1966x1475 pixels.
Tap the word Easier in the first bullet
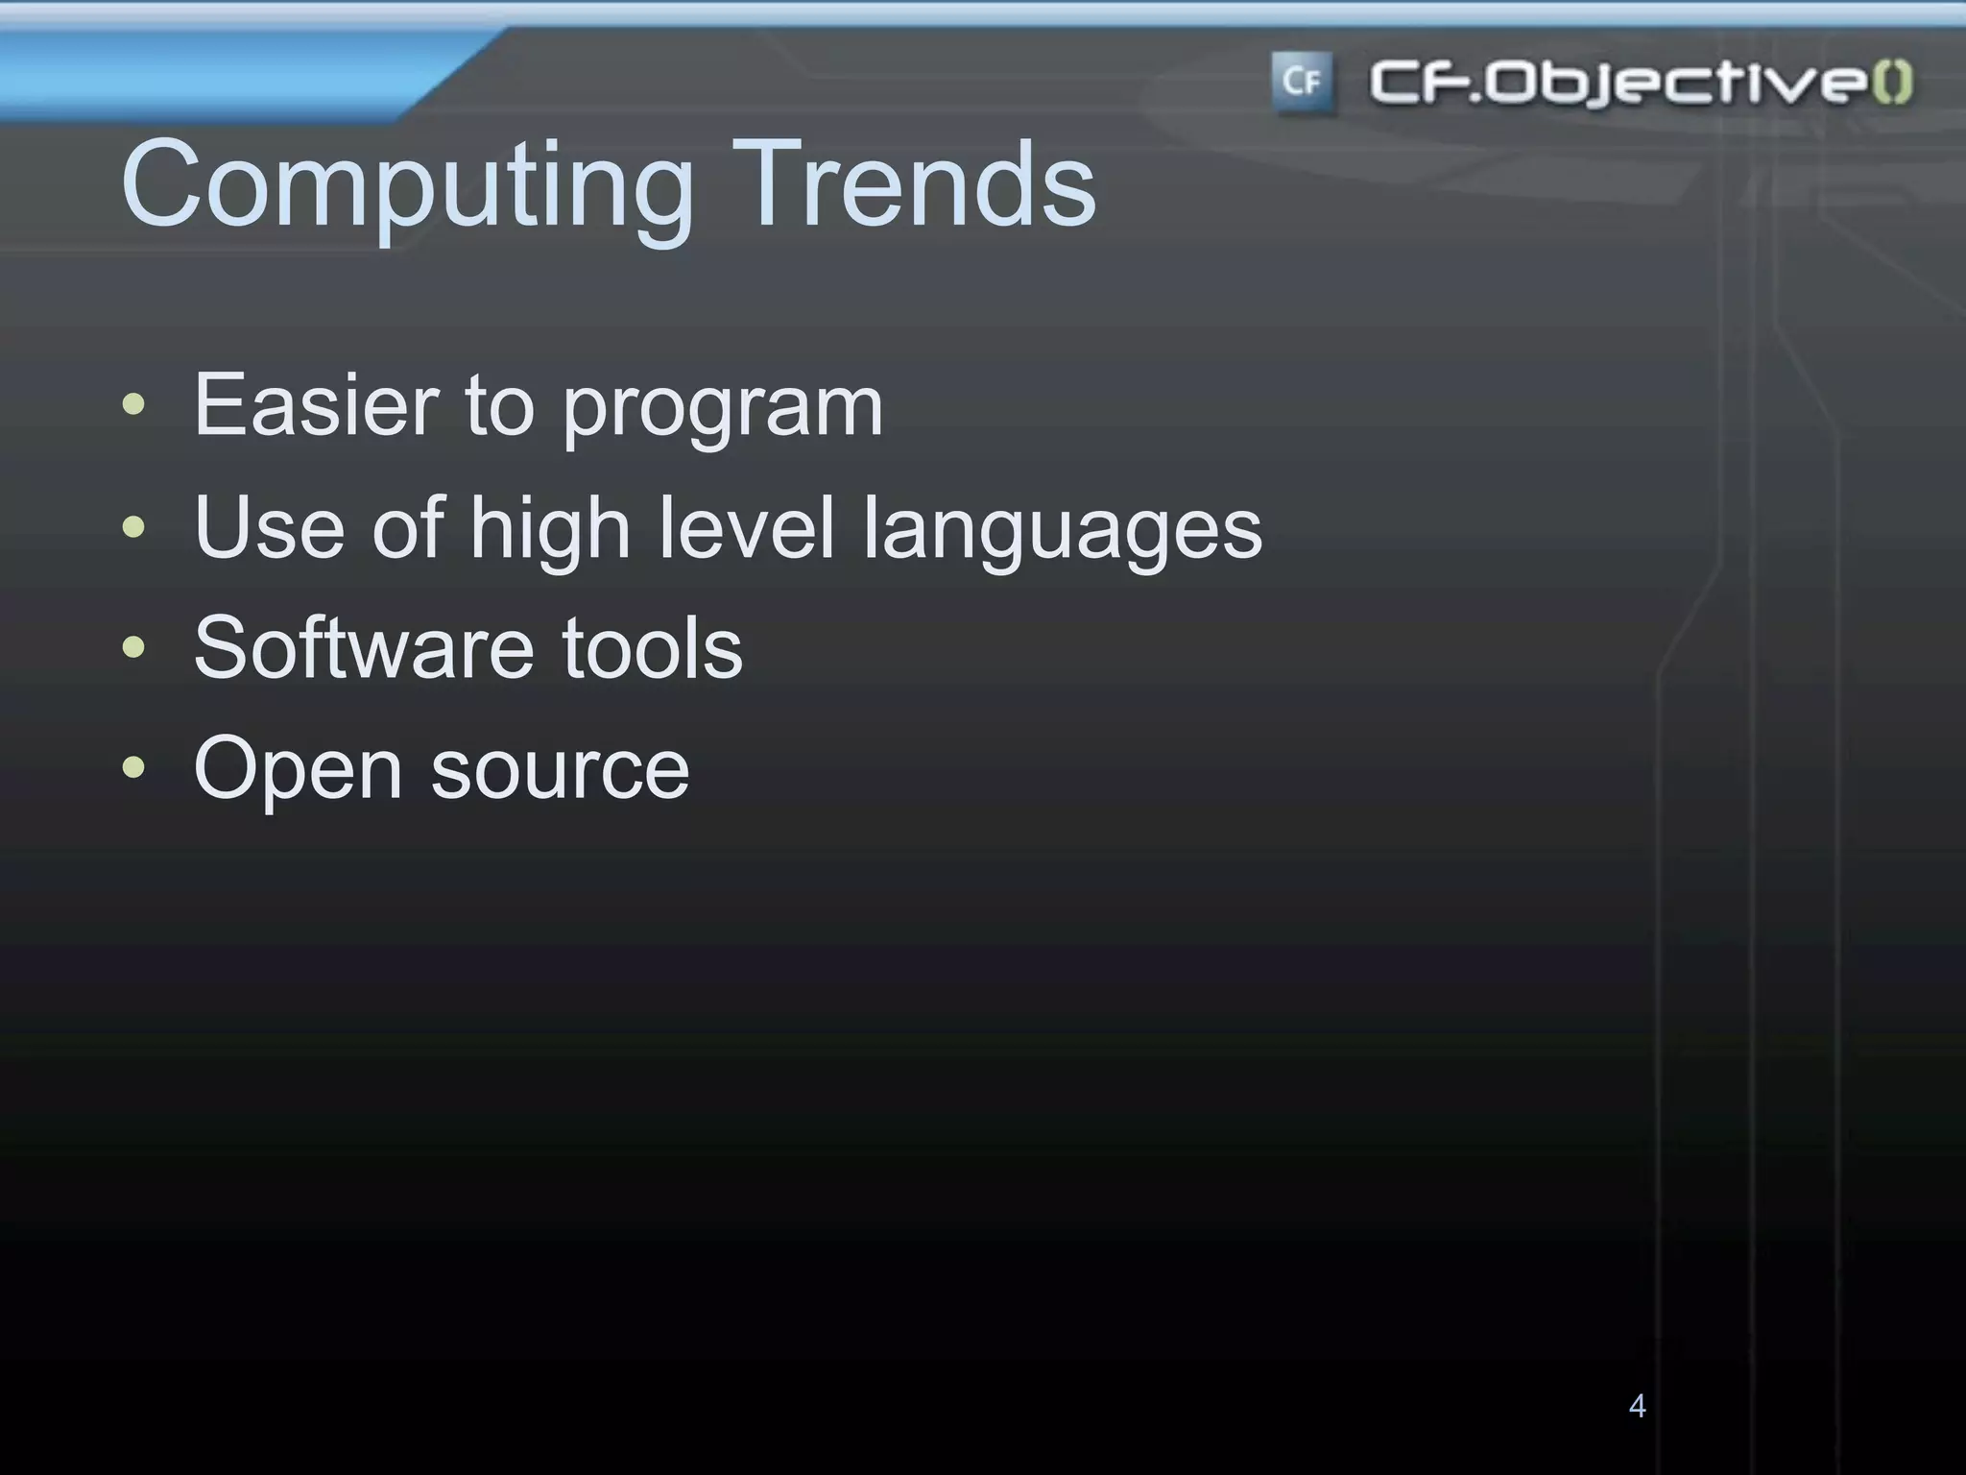tap(316, 404)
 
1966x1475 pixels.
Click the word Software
tap(362, 647)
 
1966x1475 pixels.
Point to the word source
tap(560, 770)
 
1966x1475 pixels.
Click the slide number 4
tap(1638, 1406)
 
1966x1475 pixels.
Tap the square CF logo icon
tap(1302, 83)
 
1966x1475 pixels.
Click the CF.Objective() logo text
tap(1641, 83)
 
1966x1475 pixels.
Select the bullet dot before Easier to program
tap(134, 404)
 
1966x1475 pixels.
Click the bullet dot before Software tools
tap(134, 647)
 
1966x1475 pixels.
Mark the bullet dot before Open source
tap(134, 767)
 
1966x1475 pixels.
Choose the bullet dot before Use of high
tap(134, 526)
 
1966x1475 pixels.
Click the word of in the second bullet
tap(407, 526)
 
